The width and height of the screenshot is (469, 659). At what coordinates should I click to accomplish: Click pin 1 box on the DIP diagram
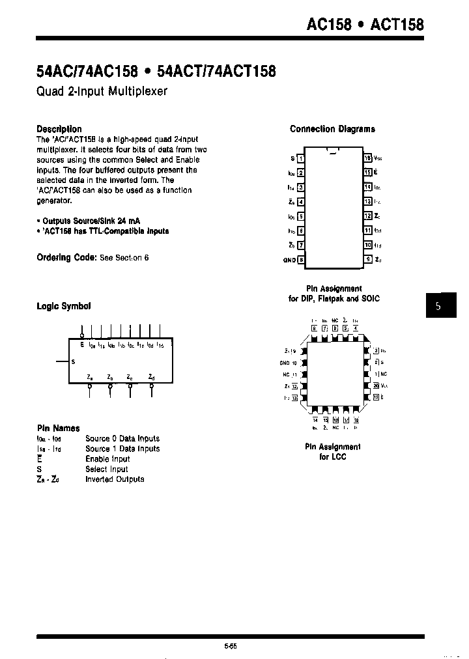click(300, 158)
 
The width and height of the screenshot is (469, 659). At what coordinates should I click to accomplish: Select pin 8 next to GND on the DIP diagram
click(300, 260)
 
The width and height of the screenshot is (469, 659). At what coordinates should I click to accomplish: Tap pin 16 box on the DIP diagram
click(368, 158)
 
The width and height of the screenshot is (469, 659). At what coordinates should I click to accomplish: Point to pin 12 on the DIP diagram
click(368, 216)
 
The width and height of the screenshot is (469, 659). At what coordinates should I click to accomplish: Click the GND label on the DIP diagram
click(289, 260)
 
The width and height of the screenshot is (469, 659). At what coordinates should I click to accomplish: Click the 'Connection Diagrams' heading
click(332, 129)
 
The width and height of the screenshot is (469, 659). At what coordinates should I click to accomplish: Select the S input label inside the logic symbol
click(73, 361)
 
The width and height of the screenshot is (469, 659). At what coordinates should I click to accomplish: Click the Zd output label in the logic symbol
click(151, 376)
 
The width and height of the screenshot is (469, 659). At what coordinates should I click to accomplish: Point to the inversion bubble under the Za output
click(90, 386)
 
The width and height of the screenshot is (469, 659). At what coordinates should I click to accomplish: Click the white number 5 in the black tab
click(438, 306)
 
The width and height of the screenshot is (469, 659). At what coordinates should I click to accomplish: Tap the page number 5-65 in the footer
click(230, 646)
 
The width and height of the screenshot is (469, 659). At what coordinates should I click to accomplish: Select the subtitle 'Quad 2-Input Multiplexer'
click(102, 91)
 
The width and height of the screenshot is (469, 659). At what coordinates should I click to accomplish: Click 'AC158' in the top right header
click(330, 25)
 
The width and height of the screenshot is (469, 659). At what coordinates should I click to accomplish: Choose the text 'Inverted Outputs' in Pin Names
click(115, 479)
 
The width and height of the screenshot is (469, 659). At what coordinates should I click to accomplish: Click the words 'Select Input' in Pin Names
click(107, 469)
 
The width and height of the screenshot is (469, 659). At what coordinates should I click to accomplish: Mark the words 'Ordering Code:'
click(66, 257)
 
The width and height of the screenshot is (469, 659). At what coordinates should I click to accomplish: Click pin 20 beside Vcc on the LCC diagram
click(376, 386)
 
